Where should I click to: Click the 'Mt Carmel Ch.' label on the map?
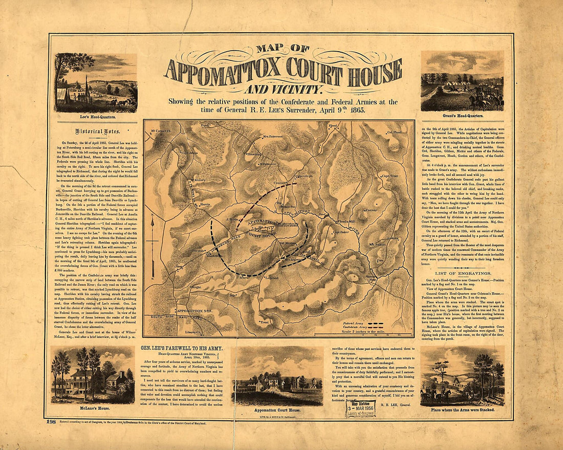pyautogui.click(x=160, y=131)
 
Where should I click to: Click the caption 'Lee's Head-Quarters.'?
pyautogui.click(x=96, y=116)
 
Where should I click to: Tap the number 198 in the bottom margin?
pyautogui.click(x=51, y=421)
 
